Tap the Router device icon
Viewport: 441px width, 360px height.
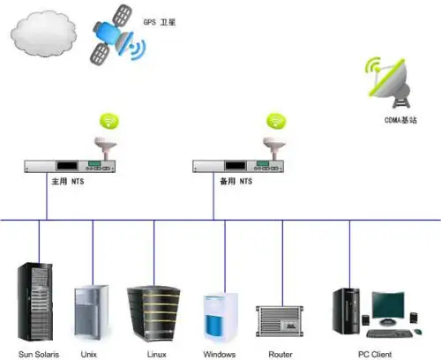click(x=280, y=321)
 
